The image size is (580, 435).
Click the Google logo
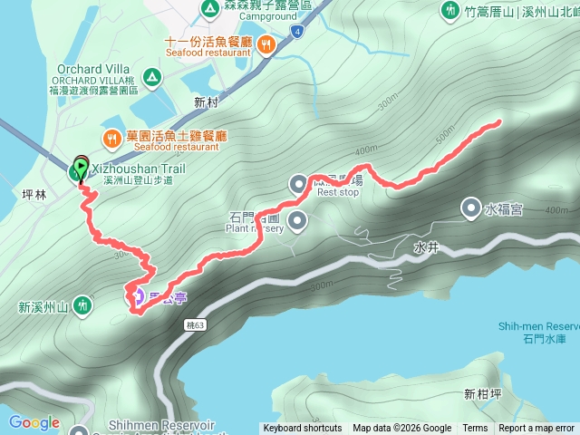coord(34,423)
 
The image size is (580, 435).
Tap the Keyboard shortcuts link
coord(303,429)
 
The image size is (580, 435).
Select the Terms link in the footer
coord(475,429)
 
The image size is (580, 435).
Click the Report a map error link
coord(537,429)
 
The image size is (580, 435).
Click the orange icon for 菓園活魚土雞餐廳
coord(111,138)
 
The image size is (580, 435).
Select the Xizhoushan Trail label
coord(131,169)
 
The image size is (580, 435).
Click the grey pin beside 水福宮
coord(471,209)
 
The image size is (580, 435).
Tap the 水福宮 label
coord(504,210)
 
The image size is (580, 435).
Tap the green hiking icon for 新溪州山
coord(82,306)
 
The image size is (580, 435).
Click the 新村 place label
coord(208,102)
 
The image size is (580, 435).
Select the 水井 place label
coord(425,246)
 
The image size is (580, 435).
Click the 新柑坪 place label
coord(481,393)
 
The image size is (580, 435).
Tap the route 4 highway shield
coord(296,30)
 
